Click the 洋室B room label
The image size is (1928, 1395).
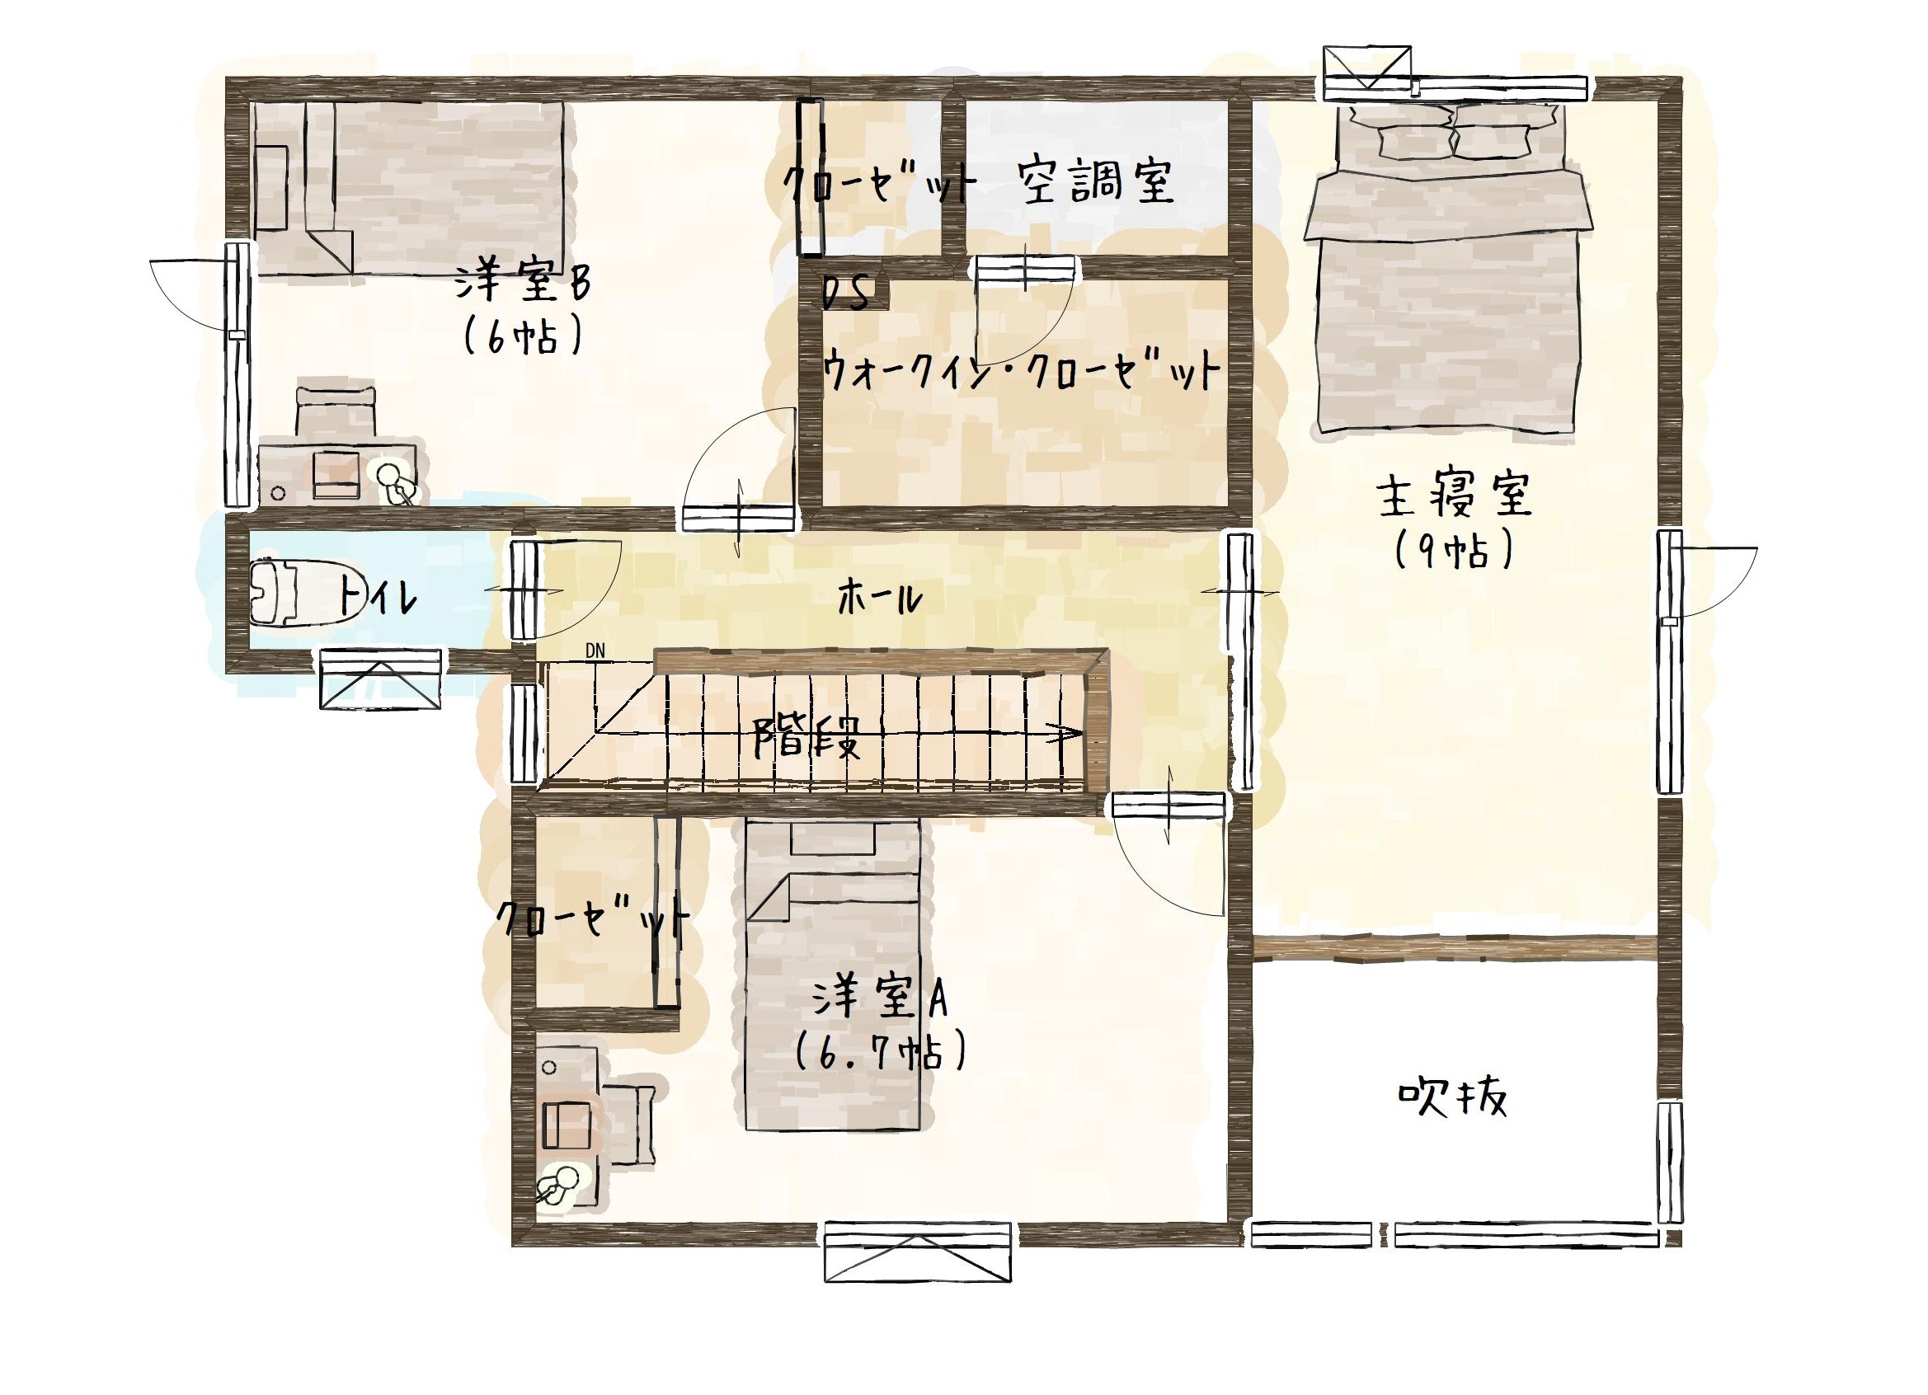(x=522, y=282)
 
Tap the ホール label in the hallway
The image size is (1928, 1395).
(x=880, y=599)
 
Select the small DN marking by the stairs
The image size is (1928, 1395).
(x=595, y=651)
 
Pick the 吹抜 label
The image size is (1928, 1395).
(x=1453, y=1097)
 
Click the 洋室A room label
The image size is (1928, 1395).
(x=879, y=997)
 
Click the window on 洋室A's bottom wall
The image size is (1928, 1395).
(x=918, y=1251)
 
